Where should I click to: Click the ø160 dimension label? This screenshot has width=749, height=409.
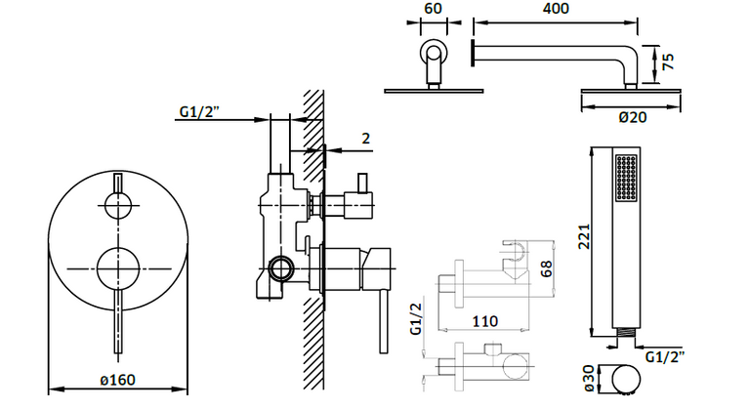point(117,380)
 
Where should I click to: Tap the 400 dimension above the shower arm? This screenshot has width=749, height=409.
point(556,9)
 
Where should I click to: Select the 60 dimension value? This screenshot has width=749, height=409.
point(434,9)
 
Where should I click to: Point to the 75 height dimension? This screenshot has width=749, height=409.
point(668,61)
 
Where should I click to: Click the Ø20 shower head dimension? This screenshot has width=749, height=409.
point(633,117)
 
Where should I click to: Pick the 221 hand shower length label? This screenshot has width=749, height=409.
point(585,236)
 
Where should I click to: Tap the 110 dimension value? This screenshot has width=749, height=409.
point(484,321)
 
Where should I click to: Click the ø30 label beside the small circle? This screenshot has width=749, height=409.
point(590,379)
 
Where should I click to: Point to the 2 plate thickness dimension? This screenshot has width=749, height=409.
point(366,139)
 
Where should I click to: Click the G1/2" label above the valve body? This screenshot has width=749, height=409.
point(199,111)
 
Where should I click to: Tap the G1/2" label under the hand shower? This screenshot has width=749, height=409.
point(664,356)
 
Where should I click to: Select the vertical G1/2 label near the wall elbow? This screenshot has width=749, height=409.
point(417,319)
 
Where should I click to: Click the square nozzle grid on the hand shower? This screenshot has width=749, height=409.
point(626,177)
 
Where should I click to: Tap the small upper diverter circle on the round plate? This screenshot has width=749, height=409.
point(117,206)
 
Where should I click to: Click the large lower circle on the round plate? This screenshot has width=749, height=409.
point(118,269)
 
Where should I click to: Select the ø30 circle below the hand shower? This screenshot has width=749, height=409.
point(626,379)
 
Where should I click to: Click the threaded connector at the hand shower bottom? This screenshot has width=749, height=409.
point(625,332)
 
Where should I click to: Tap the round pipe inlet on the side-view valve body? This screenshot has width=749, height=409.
point(280,268)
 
